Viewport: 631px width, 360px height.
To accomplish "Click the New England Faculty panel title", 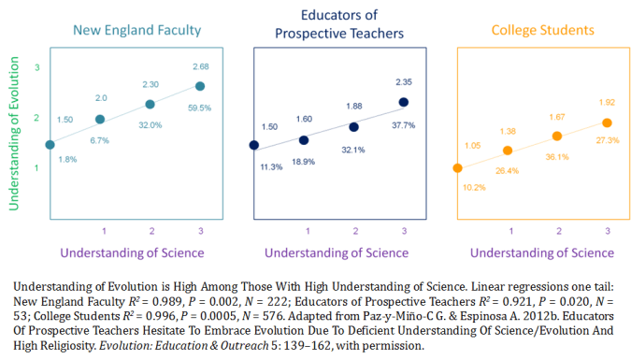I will (137, 30).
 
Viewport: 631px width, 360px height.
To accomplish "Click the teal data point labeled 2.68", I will (199, 86).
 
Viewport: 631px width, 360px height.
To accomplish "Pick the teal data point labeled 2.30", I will (150, 104).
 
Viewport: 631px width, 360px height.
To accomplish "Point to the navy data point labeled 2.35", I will (404, 102).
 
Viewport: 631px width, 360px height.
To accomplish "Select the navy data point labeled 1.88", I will (353, 126).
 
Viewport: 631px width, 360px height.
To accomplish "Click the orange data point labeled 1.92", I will (607, 122).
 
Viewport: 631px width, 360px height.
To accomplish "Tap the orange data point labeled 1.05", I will (457, 168).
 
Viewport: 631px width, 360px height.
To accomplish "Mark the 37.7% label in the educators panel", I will (404, 124).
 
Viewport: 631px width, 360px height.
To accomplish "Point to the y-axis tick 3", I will (36, 68).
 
